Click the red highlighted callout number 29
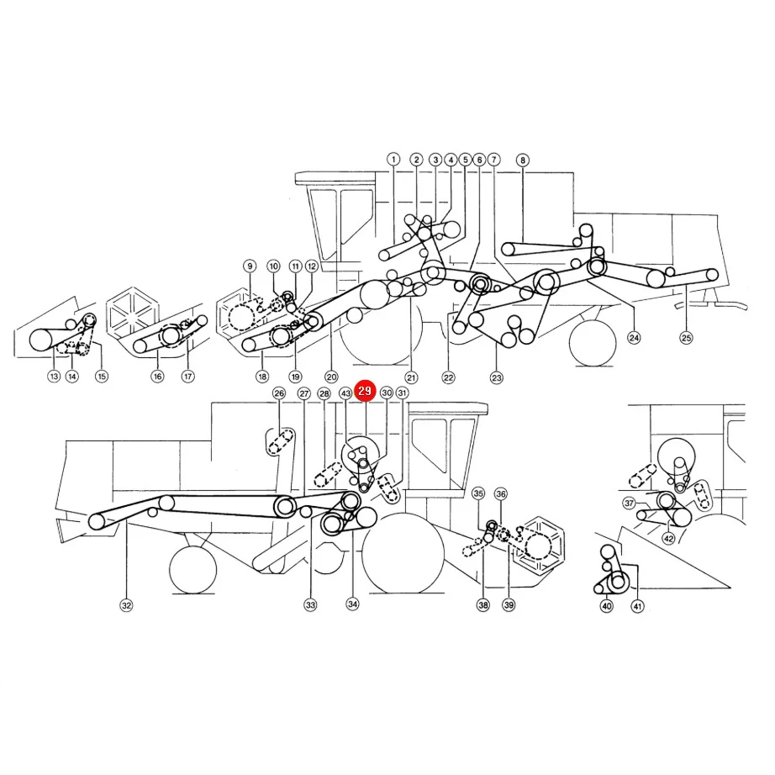click(x=365, y=391)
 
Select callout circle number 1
click(x=393, y=159)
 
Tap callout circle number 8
click(x=523, y=161)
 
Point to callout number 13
click(x=54, y=376)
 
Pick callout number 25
click(x=686, y=338)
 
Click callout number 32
click(x=127, y=605)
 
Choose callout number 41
click(x=638, y=606)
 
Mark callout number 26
click(x=279, y=393)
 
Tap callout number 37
click(x=629, y=503)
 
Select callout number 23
click(x=496, y=378)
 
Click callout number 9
click(x=250, y=266)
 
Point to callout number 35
click(x=478, y=493)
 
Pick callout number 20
click(x=331, y=377)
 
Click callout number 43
click(x=345, y=393)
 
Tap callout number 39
click(x=509, y=604)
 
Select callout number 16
click(x=157, y=377)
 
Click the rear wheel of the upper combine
click(x=593, y=343)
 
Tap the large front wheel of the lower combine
click(x=403, y=553)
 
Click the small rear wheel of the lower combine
click(x=192, y=570)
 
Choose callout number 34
click(x=352, y=604)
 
